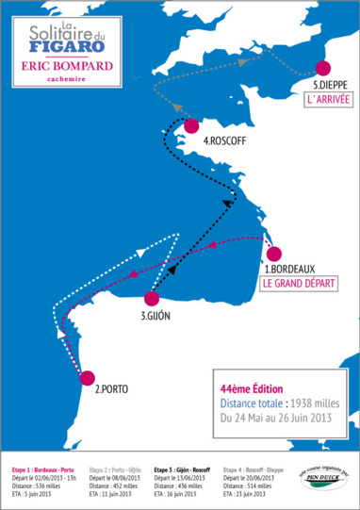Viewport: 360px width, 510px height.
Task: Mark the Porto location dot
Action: pos(89,378)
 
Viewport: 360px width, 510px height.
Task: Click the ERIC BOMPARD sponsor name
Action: pos(66,66)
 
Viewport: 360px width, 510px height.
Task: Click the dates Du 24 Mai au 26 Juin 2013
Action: pos(275,416)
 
